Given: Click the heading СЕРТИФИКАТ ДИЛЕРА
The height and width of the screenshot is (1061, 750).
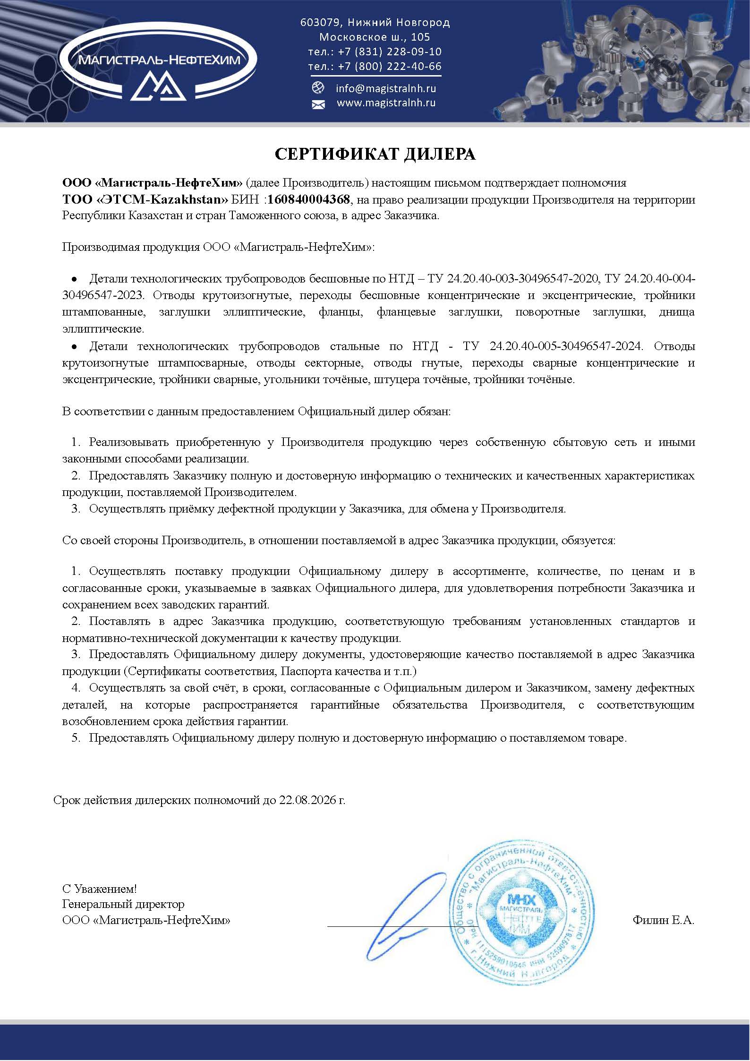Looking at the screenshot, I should [x=375, y=154].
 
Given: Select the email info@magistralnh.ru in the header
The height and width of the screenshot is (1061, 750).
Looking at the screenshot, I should [x=386, y=88].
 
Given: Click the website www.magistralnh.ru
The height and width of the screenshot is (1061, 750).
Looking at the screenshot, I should [x=386, y=103].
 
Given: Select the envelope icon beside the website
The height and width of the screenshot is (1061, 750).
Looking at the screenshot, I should [x=318, y=104].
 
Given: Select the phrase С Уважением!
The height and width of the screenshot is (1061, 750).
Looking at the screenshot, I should [x=100, y=889].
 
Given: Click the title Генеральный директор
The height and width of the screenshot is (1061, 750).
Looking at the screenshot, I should [x=123, y=904].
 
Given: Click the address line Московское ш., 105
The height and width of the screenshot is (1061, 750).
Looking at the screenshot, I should [x=375, y=37].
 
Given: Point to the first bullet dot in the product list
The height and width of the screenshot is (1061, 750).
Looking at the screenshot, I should [x=74, y=279].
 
